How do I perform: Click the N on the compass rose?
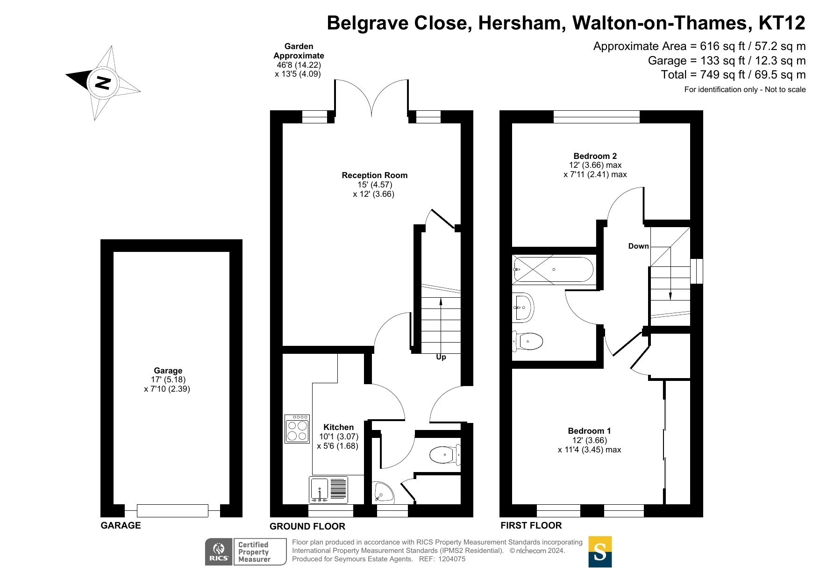103,83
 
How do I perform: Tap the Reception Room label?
374,175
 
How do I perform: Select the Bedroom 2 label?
595,156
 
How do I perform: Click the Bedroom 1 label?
589,431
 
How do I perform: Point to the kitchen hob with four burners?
297,429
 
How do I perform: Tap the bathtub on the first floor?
554,270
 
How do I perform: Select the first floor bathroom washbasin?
523,308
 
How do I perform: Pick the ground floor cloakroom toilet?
444,454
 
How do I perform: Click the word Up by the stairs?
441,357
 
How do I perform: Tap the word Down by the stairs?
638,246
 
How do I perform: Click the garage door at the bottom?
172,511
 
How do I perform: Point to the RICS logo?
219,552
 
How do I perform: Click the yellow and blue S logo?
600,552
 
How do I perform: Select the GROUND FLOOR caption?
307,526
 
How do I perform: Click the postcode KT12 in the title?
782,23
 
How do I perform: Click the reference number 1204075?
451,559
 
